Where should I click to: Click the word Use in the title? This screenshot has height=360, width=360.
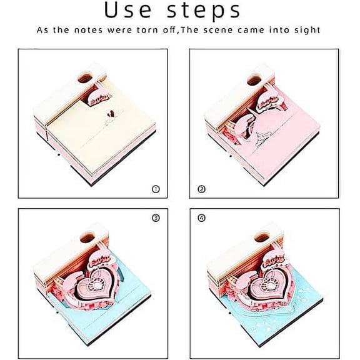click(x=130, y=11)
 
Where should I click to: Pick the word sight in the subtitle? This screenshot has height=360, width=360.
click(x=307, y=30)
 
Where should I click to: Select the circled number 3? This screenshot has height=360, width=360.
click(x=155, y=218)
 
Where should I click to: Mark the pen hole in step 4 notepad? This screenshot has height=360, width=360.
click(x=258, y=237)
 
